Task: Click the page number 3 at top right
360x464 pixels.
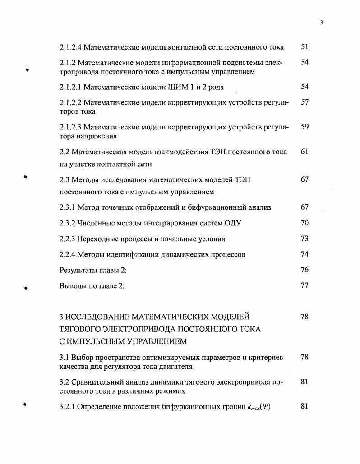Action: [x=321, y=23]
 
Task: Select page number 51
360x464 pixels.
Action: [x=305, y=47]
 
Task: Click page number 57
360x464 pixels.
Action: [x=305, y=102]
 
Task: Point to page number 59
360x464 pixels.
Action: [x=305, y=127]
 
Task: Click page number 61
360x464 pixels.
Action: [x=305, y=152]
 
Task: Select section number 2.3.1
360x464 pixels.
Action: [x=67, y=207]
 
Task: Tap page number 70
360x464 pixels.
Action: [x=305, y=223]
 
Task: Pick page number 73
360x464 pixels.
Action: [x=305, y=239]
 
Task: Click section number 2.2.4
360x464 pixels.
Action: [x=67, y=255]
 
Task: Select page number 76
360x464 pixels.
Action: [x=305, y=270]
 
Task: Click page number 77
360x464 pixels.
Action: [x=305, y=285]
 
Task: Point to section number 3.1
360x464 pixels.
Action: [x=64, y=358]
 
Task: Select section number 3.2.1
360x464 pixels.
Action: [x=67, y=407]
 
